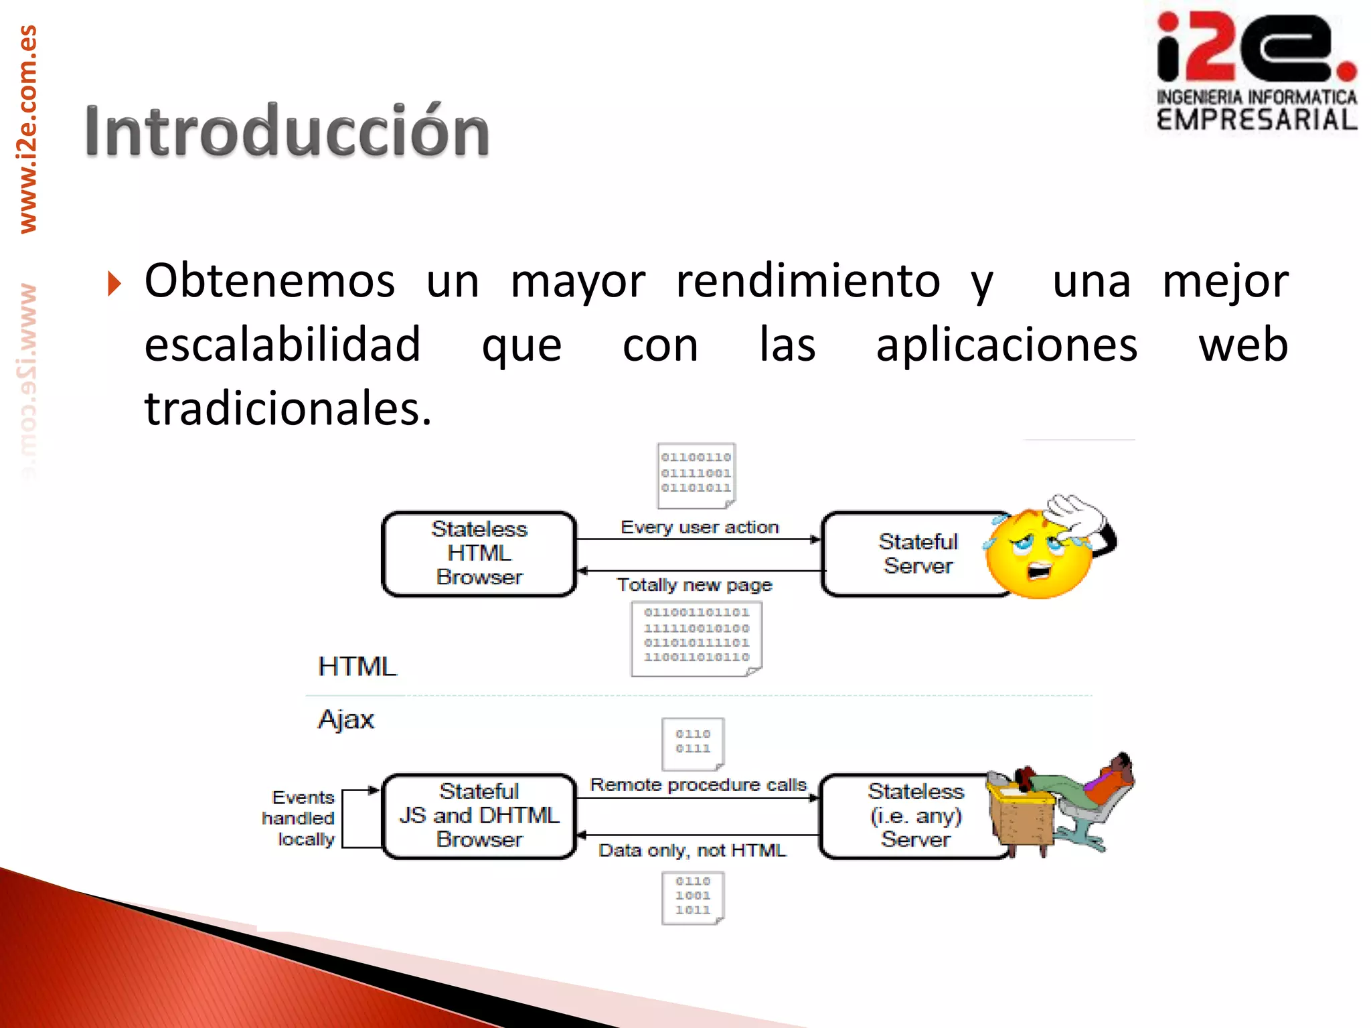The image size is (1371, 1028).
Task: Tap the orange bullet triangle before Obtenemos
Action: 114,284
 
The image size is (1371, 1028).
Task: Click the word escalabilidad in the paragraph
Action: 283,345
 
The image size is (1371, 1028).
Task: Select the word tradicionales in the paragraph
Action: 288,409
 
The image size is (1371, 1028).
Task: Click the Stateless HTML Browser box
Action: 479,553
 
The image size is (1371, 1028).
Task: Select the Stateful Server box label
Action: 918,553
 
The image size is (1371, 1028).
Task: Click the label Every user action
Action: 700,527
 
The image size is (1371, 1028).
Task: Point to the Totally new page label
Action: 694,585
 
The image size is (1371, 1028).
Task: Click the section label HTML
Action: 357,667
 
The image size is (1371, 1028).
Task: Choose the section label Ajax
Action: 345,719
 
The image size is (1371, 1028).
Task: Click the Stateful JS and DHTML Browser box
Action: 479,816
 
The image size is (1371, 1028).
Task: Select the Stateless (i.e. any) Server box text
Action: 915,816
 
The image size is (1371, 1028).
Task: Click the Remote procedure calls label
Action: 698,784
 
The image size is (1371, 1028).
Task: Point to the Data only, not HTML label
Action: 692,851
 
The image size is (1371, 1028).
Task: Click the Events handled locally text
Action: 300,818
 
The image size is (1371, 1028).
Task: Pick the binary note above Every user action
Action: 696,474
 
